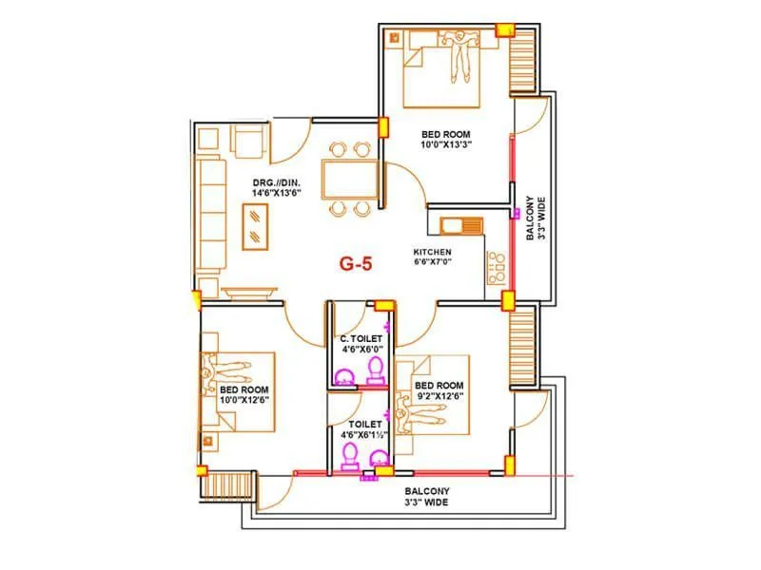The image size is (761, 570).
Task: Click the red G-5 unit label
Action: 356,264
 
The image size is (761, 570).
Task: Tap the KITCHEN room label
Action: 432,252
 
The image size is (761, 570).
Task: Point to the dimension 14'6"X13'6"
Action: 277,193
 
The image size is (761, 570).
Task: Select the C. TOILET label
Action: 361,339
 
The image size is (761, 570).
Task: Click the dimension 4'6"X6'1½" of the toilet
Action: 364,435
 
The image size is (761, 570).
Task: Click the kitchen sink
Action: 461,226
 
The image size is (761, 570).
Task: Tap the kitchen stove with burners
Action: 496,268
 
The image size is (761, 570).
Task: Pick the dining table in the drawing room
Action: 349,180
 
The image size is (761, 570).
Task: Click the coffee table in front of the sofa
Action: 255,227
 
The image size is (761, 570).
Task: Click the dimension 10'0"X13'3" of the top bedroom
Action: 446,145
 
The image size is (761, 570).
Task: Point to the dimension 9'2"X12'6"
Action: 440,396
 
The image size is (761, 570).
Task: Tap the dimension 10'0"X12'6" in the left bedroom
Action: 244,400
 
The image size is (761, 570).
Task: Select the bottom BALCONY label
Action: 427,491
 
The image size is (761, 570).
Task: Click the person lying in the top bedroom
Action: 459,54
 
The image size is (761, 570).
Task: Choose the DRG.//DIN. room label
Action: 277,182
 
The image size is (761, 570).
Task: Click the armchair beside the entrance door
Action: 249,141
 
